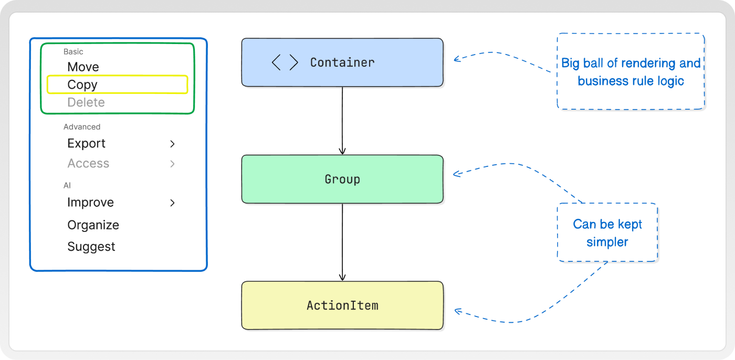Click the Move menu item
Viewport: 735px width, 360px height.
(x=83, y=67)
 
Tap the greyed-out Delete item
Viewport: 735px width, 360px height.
(x=86, y=102)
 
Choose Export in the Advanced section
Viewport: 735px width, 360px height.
(x=86, y=143)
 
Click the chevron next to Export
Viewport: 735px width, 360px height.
(x=172, y=144)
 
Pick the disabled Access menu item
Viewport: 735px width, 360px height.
(x=88, y=163)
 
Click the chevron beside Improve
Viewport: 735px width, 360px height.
(x=172, y=203)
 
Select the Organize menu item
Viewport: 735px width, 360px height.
(x=93, y=225)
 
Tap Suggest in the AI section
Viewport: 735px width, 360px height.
(x=91, y=247)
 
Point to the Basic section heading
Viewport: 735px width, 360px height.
(x=73, y=51)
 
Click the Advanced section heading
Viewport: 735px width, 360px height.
(x=82, y=127)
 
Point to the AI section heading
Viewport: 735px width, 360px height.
(x=67, y=186)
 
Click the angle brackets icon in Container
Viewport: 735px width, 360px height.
(x=285, y=62)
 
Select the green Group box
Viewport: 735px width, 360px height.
(x=342, y=179)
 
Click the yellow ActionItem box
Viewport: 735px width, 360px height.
(x=342, y=305)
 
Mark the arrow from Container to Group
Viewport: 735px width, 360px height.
(x=342, y=121)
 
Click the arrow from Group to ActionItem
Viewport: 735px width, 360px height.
(x=342, y=242)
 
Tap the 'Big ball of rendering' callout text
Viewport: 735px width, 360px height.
(x=631, y=72)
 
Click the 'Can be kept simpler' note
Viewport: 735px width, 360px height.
(x=607, y=233)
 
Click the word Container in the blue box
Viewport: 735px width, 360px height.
(x=342, y=62)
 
